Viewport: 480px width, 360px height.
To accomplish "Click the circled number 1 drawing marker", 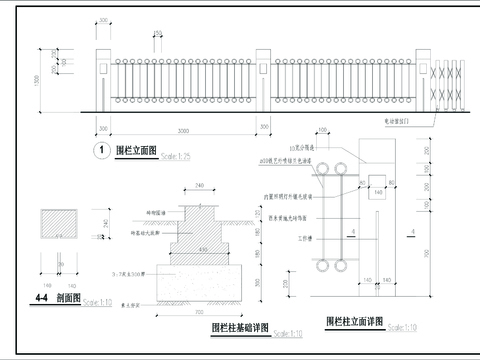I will (100, 151).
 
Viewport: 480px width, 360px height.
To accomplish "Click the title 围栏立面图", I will (136, 150).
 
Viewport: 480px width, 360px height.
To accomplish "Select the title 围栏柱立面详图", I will (354, 323).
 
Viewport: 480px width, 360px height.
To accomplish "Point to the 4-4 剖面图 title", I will (55, 298).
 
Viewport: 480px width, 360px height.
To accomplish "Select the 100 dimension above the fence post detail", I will (322, 130).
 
